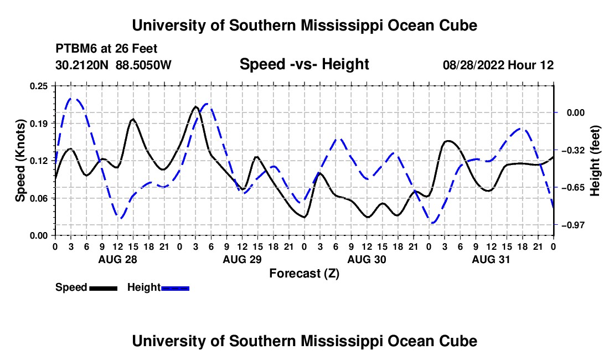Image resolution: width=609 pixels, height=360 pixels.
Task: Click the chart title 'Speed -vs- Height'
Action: (304, 64)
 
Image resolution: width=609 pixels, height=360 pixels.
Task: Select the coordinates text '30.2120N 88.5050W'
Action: (113, 65)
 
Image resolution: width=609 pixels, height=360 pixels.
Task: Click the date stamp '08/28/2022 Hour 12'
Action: (498, 65)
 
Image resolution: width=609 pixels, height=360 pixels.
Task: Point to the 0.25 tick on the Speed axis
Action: (39, 86)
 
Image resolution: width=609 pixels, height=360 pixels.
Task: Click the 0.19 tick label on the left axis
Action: (39, 124)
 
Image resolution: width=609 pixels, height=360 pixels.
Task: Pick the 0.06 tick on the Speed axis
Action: (39, 198)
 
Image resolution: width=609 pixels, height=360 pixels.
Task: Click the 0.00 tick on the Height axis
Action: (576, 112)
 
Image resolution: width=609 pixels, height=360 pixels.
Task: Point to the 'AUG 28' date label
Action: (118, 259)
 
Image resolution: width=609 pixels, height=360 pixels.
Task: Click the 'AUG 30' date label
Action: (367, 259)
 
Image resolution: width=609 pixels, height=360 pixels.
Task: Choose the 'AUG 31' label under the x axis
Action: (491, 259)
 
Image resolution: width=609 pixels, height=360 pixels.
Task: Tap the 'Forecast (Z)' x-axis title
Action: (304, 274)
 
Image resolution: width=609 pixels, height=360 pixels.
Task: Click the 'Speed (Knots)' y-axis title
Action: (20, 161)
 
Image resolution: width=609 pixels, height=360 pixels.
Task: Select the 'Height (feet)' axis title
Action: (595, 161)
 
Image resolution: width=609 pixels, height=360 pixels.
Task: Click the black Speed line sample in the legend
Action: (104, 288)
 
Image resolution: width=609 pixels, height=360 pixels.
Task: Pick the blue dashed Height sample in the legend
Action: (175, 288)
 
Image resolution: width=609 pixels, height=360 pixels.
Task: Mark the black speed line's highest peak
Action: (195, 106)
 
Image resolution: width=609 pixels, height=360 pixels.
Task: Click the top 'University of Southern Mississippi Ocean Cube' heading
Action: (304, 25)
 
